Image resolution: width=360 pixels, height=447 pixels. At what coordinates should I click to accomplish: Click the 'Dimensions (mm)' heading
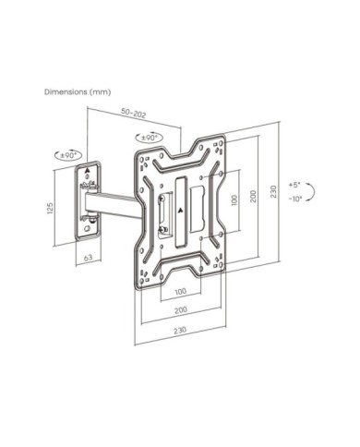[78, 91]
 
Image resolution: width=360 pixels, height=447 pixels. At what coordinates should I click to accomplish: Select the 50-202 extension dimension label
[134, 113]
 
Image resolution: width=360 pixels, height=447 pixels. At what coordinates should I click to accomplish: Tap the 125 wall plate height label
[50, 208]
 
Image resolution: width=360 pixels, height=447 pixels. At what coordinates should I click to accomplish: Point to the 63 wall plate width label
[89, 257]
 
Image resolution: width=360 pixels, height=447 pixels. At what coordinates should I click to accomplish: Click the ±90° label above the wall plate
[68, 155]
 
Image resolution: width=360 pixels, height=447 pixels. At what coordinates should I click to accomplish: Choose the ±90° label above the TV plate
[150, 138]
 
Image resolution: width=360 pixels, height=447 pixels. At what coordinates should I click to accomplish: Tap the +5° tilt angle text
[294, 185]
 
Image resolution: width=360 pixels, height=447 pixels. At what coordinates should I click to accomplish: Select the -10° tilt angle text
[295, 199]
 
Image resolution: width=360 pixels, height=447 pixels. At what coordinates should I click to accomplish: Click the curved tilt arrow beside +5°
[313, 192]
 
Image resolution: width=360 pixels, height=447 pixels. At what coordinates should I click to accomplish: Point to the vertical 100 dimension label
[234, 200]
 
